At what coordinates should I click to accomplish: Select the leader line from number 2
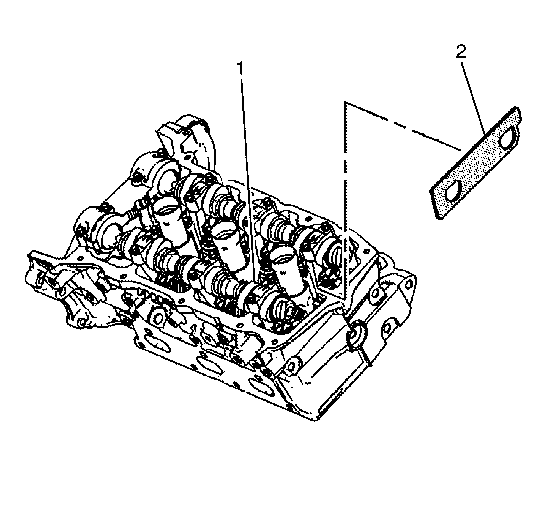(x=474, y=98)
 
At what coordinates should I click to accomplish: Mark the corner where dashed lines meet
(x=345, y=103)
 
